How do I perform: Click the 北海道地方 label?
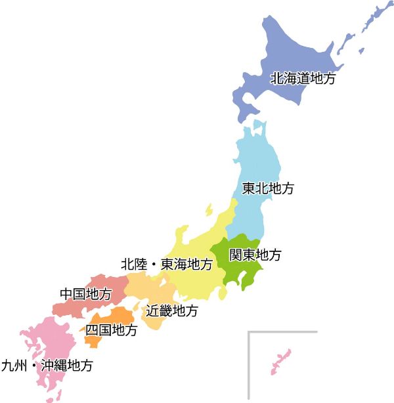pyautogui.click(x=303, y=79)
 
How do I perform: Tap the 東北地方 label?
pyautogui.click(x=268, y=189)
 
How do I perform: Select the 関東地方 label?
pyautogui.click(x=255, y=255)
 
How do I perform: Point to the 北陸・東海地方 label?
pyautogui.click(x=167, y=265)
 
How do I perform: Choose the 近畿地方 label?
pyautogui.click(x=171, y=310)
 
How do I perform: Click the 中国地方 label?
pyautogui.click(x=85, y=293)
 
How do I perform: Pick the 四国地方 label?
pyautogui.click(x=112, y=330)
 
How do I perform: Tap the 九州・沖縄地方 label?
pyautogui.click(x=47, y=366)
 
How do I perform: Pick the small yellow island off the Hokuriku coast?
pyautogui.click(x=209, y=209)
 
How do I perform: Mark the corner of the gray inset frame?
pyautogui.click(x=250, y=333)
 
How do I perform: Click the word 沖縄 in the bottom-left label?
pyautogui.click(x=53, y=366)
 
